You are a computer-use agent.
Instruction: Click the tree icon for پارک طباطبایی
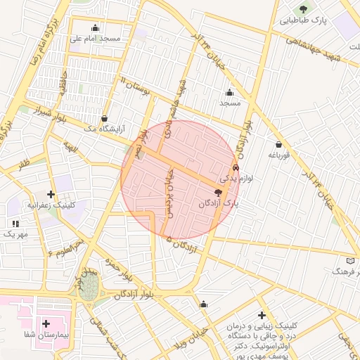[x=304, y=9]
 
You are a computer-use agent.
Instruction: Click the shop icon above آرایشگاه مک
[x=105, y=118]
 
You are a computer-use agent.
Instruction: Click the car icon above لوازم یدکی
[x=236, y=168]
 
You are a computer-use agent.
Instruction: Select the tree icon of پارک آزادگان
[x=218, y=192]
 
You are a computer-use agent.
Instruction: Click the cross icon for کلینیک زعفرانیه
[x=51, y=193]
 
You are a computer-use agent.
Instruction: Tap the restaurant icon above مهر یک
[x=15, y=223]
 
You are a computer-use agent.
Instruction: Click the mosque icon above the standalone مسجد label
[x=229, y=93]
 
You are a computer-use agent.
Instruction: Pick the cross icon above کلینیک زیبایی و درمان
[x=262, y=315]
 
